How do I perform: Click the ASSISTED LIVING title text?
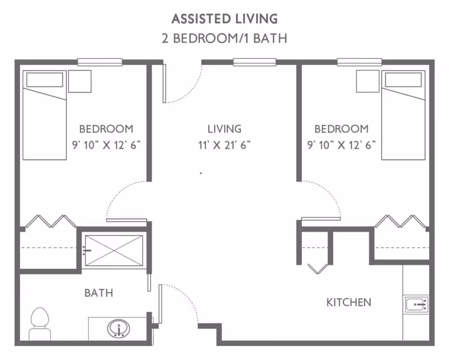pyautogui.click(x=224, y=19)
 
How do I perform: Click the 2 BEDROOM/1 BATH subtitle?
pyautogui.click(x=224, y=38)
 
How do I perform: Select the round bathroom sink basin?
pyautogui.click(x=119, y=329)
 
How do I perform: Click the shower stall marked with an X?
pyautogui.click(x=113, y=251)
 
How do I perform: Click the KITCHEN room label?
pyautogui.click(x=348, y=302)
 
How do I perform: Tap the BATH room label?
pyautogui.click(x=99, y=293)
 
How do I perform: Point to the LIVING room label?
pyautogui.click(x=224, y=129)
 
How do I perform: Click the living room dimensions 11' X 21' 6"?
pyautogui.click(x=224, y=145)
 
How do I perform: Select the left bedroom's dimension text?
pyautogui.click(x=106, y=145)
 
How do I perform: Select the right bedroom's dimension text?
pyautogui.click(x=341, y=145)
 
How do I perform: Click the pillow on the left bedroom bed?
pyautogui.click(x=44, y=80)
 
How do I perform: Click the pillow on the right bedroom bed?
pyautogui.click(x=404, y=80)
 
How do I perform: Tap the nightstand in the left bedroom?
pyautogui.click(x=80, y=81)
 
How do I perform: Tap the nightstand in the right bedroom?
pyautogui.click(x=368, y=81)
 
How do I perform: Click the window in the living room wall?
pyautogui.click(x=254, y=62)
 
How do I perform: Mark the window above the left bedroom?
pyautogui.click(x=100, y=62)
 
